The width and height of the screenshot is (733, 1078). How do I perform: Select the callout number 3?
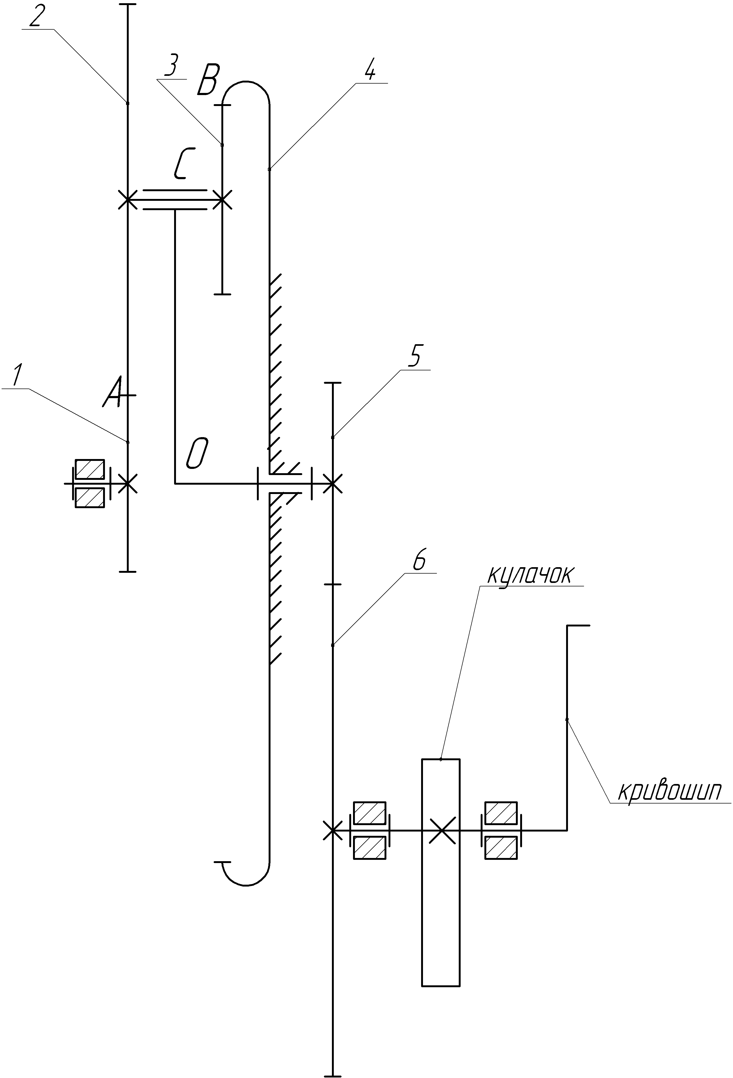171,66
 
